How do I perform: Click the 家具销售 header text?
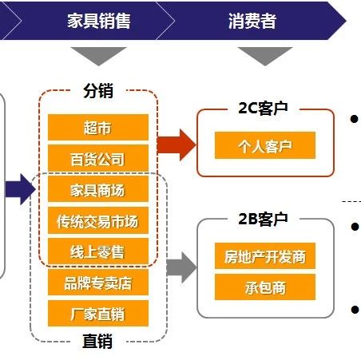(x=98, y=21)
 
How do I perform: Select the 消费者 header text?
(x=252, y=21)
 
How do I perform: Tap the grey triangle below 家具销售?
(x=98, y=56)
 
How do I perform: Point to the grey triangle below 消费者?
(x=265, y=56)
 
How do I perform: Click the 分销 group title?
(x=98, y=90)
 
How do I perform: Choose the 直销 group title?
(x=97, y=341)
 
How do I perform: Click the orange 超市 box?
(x=98, y=128)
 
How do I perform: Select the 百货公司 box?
(x=98, y=158)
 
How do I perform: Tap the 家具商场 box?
(x=98, y=189)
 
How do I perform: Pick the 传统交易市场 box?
(x=98, y=220)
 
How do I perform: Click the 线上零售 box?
(x=98, y=251)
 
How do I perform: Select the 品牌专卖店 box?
(x=98, y=283)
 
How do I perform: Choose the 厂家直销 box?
(x=98, y=313)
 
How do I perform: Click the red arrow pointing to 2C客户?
(x=177, y=145)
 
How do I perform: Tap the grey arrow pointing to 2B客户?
(x=182, y=267)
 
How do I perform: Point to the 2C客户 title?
(x=263, y=108)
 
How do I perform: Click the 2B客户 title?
(x=263, y=219)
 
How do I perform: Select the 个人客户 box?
(x=265, y=145)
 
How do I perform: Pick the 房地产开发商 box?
(x=265, y=255)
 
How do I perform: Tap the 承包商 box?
(x=265, y=287)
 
